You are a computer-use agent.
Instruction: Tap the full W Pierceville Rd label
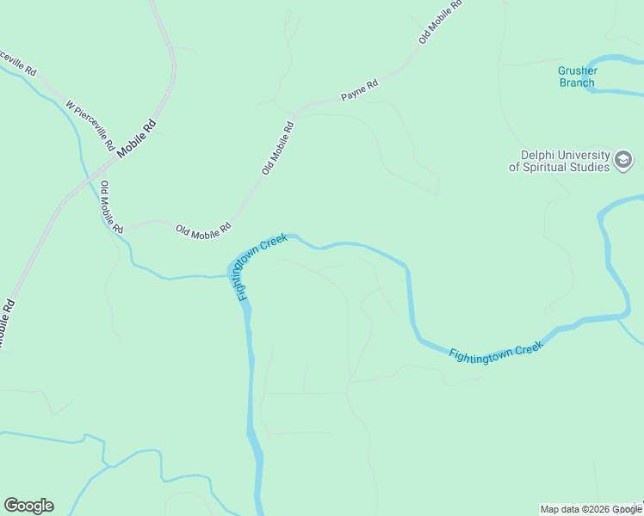tap(90, 126)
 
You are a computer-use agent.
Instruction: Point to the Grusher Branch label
tap(577, 77)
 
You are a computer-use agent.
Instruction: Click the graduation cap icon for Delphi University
tap(623, 160)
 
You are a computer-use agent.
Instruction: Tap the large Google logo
tap(28, 506)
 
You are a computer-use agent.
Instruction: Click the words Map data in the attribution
tap(558, 509)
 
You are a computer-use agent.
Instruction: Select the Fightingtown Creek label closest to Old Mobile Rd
tap(260, 266)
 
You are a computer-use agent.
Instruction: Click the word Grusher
tap(577, 71)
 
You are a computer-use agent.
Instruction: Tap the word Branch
tap(577, 83)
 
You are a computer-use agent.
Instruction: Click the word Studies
tap(591, 167)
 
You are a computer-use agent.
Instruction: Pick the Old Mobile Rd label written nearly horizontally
tap(203, 230)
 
